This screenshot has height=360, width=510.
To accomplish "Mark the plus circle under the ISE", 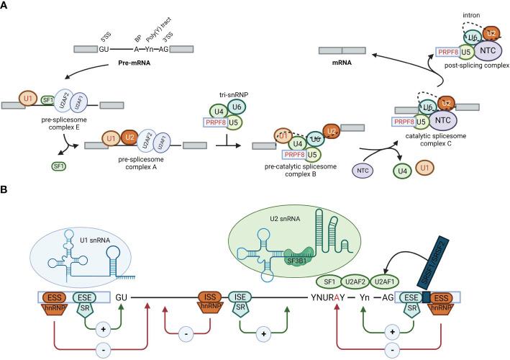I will (x=262, y=334).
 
